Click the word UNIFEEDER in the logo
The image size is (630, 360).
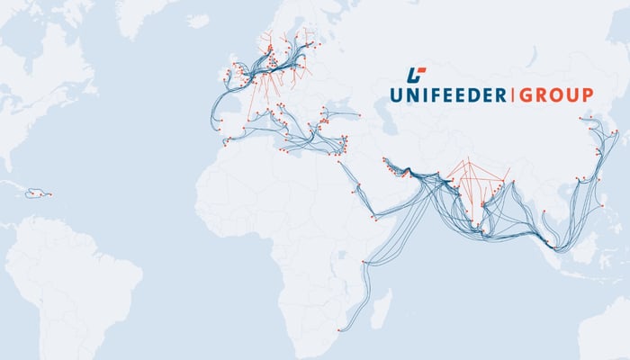[448, 94]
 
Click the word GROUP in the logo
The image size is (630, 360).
[554, 94]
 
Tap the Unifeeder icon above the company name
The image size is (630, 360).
[416, 74]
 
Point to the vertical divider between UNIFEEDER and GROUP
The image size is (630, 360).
[511, 94]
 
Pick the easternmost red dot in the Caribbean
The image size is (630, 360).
[49, 194]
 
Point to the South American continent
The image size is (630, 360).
[72, 270]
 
